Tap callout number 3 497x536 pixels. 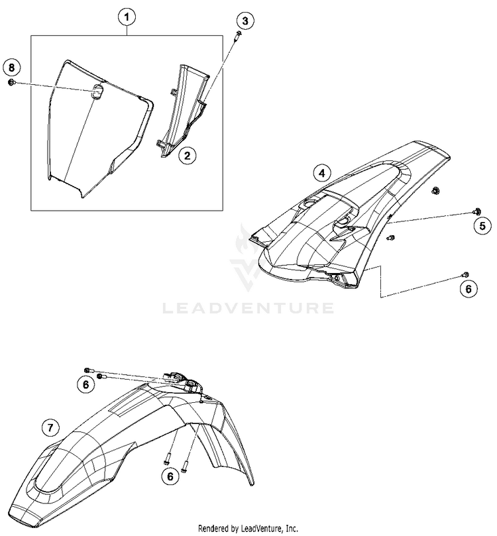[x=245, y=21]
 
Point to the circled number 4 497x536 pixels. [x=321, y=174]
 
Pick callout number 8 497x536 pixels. [x=11, y=67]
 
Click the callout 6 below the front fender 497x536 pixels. [x=171, y=475]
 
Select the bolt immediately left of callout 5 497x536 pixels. [x=476, y=211]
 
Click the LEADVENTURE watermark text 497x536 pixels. [x=248, y=307]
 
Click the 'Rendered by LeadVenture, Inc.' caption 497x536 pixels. [x=248, y=528]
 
